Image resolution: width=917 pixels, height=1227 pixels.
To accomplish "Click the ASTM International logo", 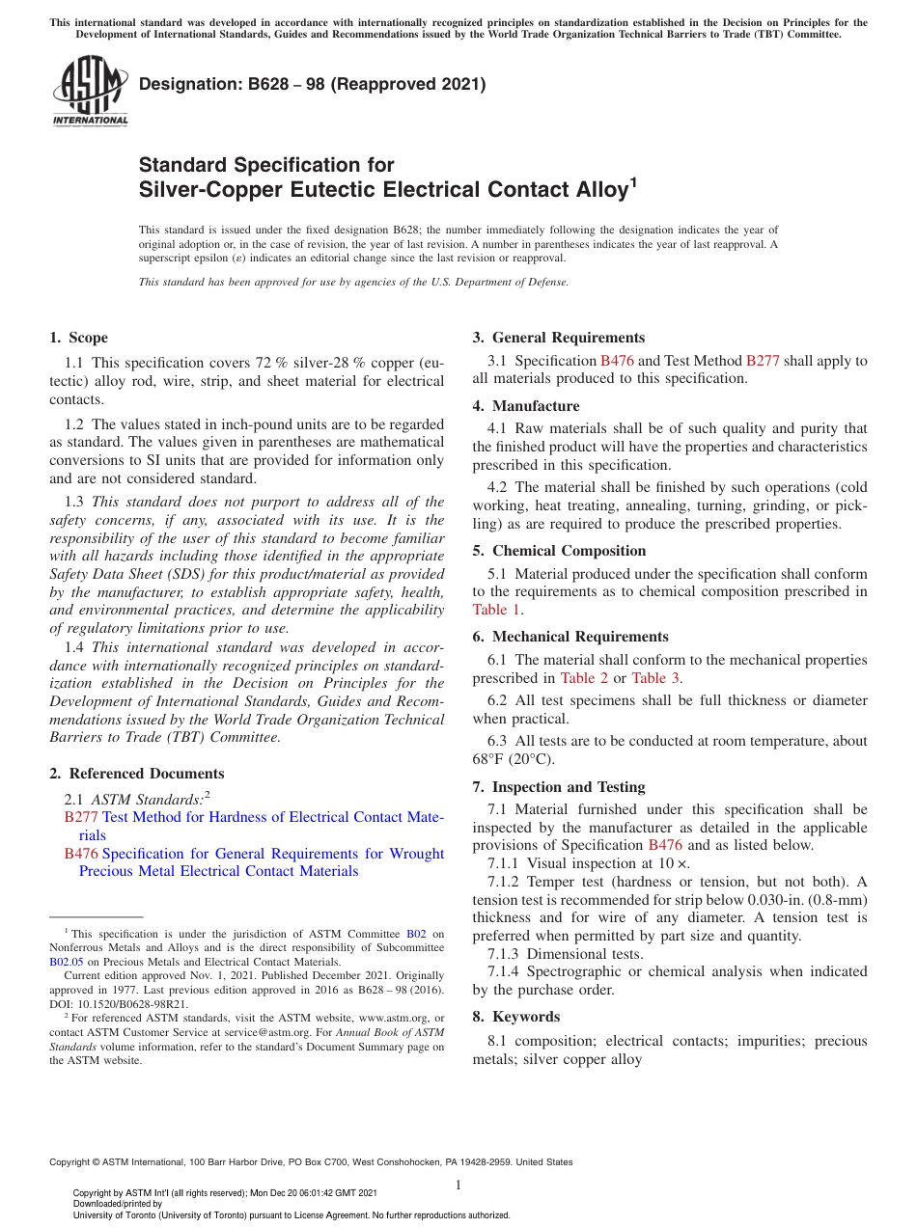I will click(x=90, y=92).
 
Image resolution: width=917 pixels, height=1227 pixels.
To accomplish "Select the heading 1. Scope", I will click(x=78, y=338).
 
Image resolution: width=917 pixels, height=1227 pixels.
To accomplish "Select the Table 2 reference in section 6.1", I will click(x=585, y=678).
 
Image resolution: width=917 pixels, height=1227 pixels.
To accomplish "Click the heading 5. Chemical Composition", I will click(x=559, y=551).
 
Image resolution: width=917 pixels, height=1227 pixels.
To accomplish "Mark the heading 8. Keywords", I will click(x=515, y=1017).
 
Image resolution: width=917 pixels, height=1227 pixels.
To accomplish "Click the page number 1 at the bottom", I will click(x=458, y=1186).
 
